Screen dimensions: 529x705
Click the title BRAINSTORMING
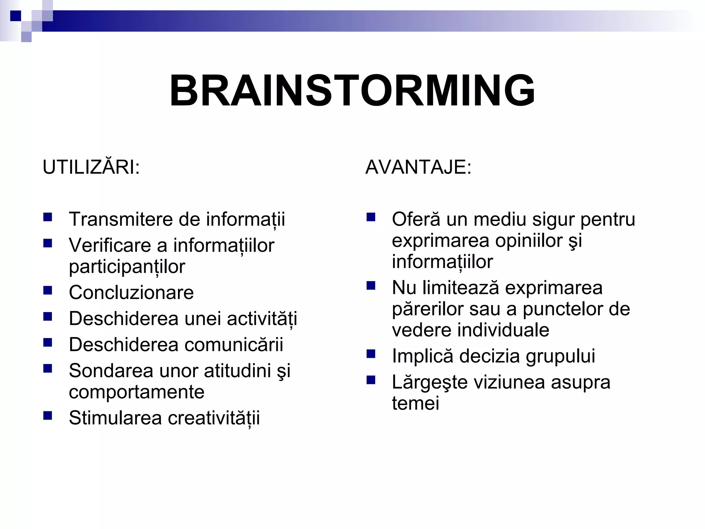pyautogui.click(x=352, y=91)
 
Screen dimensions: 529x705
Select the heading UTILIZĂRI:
pyautogui.click(x=91, y=167)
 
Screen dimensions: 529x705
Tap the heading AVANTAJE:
pyautogui.click(x=418, y=167)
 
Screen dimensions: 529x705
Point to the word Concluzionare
pyautogui.click(x=131, y=293)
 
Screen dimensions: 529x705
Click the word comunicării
pyautogui.click(x=234, y=345)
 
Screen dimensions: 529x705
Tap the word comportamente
pyautogui.click(x=137, y=392)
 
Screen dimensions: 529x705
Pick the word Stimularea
pyautogui.click(x=115, y=418)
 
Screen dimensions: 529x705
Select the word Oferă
pyautogui.click(x=416, y=219)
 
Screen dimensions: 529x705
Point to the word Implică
pyautogui.click(x=422, y=356)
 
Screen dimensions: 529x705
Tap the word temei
pyautogui.click(x=415, y=403)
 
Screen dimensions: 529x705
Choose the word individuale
pyautogui.click(x=503, y=330)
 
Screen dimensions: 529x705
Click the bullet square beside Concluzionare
pyautogui.click(x=48, y=291)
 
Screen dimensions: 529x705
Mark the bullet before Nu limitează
pyautogui.click(x=371, y=286)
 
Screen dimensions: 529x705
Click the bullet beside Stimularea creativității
pyautogui.click(x=48, y=416)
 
